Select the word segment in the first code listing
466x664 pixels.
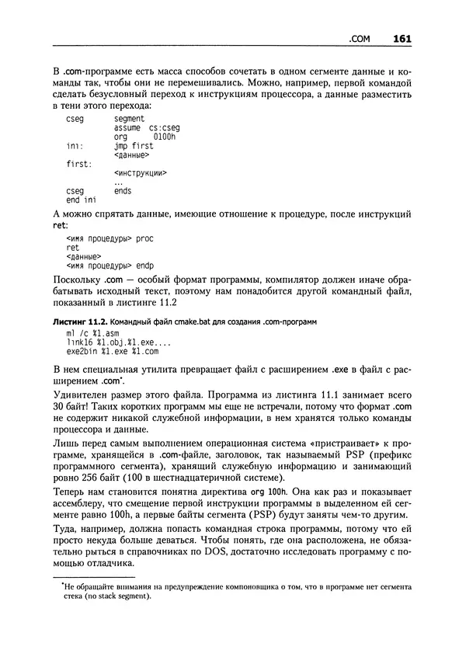[x=129, y=118]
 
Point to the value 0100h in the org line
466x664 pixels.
[x=165, y=136]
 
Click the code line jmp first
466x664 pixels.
[x=134, y=145]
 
